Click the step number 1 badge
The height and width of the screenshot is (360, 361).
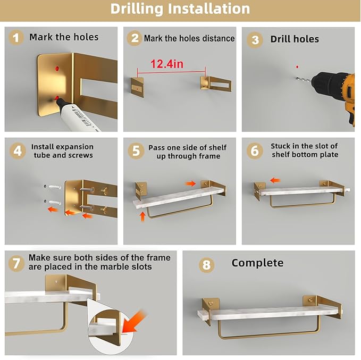pyautogui.click(x=16, y=38)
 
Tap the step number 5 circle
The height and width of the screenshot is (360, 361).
pyautogui.click(x=136, y=151)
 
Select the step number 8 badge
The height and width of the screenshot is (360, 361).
pyautogui.click(x=206, y=265)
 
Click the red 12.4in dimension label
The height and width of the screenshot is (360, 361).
pyautogui.click(x=167, y=64)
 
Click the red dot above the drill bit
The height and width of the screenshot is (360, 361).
pyautogui.click(x=297, y=67)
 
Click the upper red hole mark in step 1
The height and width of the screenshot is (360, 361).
pyautogui.click(x=57, y=69)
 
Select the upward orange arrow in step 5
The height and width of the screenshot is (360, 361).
pyautogui.click(x=142, y=216)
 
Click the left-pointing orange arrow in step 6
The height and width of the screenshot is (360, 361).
pyautogui.click(x=275, y=180)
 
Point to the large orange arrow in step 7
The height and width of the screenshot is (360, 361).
pyautogui.click(x=133, y=321)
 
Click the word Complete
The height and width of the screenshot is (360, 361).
pyautogui.click(x=257, y=263)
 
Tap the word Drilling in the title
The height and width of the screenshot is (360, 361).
pyautogui.click(x=137, y=9)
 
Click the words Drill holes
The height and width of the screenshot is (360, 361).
pyautogui.click(x=295, y=39)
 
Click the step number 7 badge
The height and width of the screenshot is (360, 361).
pyautogui.click(x=16, y=263)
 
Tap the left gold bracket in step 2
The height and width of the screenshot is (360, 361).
pyautogui.click(x=138, y=87)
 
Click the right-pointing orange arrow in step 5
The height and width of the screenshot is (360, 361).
pyautogui.click(x=191, y=183)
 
